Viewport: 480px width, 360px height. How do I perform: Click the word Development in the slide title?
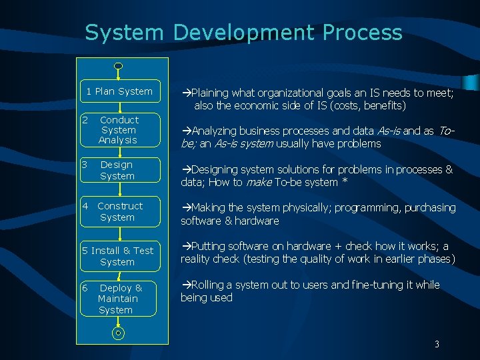pos(243,32)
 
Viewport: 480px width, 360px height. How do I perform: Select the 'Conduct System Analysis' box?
pos(119,130)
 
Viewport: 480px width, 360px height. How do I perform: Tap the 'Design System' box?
pos(119,170)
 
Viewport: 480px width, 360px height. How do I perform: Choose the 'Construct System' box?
pos(119,212)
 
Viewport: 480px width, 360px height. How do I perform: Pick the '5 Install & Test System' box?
pos(119,256)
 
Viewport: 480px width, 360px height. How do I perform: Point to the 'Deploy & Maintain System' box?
pos(119,299)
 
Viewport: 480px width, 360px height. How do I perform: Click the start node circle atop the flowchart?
pos(118,66)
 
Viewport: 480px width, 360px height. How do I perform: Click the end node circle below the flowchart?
pos(118,332)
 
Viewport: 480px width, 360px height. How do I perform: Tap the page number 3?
pos(437,344)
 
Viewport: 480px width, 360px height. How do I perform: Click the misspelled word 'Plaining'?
pos(211,93)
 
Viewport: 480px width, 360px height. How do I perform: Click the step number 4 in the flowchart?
pos(85,206)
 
